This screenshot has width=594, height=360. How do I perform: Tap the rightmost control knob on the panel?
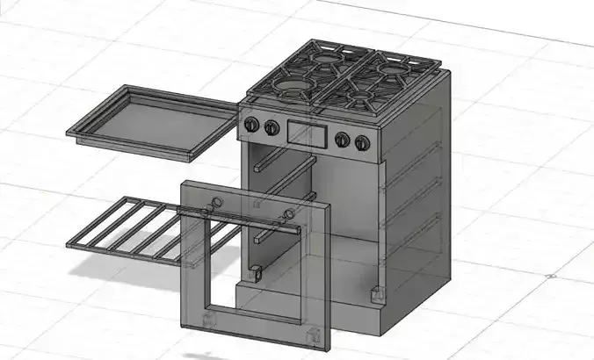coord(361,141)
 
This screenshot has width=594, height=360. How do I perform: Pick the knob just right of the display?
coord(342,139)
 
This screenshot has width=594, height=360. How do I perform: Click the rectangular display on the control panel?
coord(306,133)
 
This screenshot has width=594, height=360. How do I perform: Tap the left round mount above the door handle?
coord(212,204)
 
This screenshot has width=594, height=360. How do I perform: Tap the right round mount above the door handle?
coord(288,215)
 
